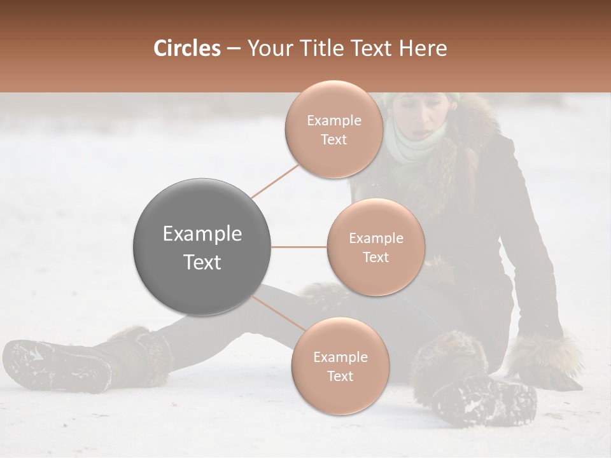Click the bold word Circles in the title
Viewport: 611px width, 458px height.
[186, 48]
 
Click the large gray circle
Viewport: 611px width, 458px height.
[202, 247]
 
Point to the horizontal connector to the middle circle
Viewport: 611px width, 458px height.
[299, 247]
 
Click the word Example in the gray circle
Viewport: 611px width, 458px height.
[202, 234]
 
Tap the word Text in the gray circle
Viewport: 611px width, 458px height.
[202, 262]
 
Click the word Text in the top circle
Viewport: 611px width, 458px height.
[334, 140]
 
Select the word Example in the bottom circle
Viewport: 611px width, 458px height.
[340, 357]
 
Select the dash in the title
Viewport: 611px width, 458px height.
[234, 49]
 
